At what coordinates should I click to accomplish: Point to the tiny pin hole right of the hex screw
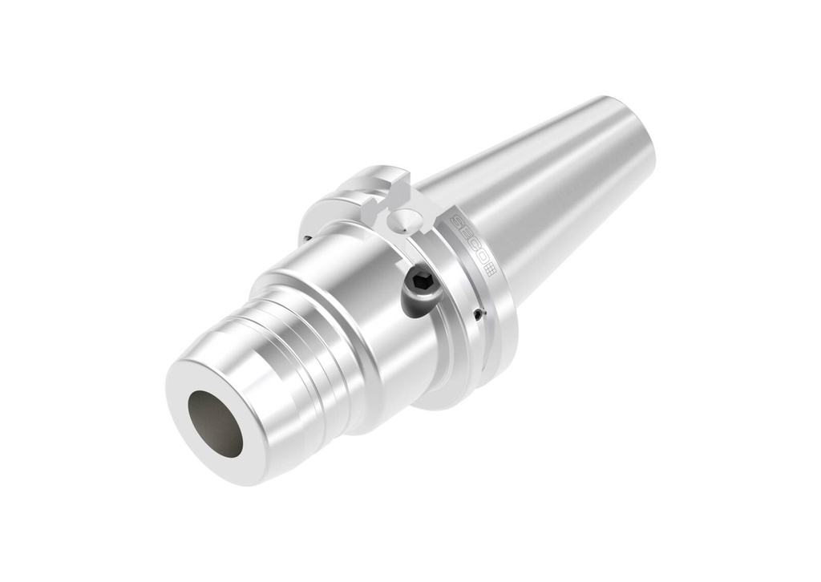(478, 314)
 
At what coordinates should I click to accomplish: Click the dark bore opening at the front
(215, 423)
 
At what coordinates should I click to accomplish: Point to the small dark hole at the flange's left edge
(307, 238)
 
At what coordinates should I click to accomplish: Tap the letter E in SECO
(466, 233)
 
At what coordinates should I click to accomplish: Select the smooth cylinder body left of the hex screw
(345, 297)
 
